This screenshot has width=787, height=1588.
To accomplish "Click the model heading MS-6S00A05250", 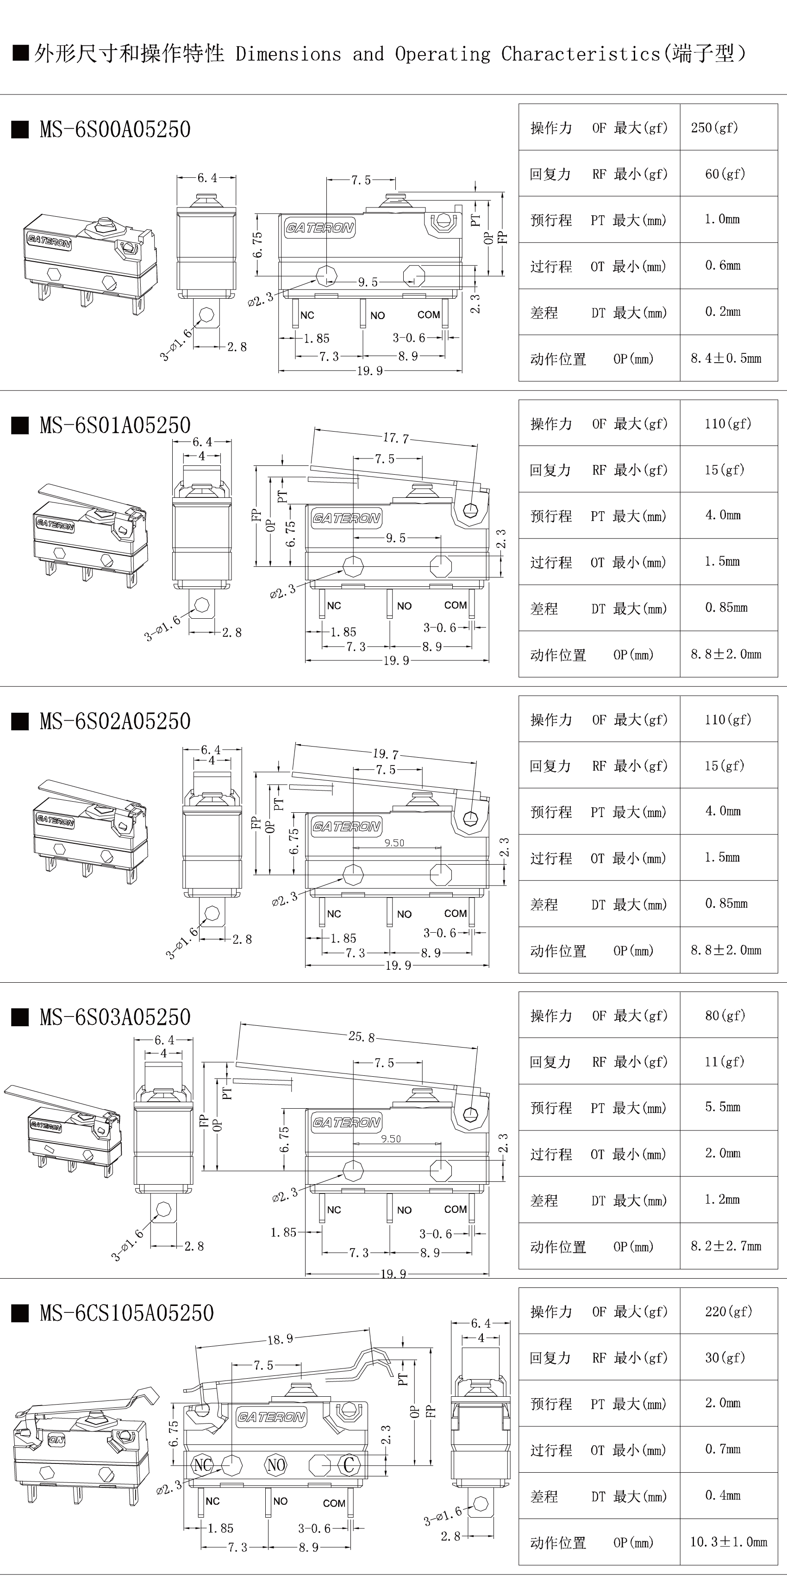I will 115,130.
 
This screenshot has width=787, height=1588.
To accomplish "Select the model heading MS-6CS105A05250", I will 126,1313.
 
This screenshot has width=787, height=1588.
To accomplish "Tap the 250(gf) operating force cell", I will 714,128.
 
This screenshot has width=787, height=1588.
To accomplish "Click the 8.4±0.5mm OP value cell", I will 725,358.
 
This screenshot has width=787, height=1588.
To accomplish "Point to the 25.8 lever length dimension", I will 361,1037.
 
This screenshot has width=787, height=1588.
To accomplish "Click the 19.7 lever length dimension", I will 385,754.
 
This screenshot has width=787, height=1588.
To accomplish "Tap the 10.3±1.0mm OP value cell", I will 728,1542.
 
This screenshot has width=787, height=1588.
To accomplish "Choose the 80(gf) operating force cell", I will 725,1015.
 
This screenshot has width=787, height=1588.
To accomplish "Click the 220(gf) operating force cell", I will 728,1311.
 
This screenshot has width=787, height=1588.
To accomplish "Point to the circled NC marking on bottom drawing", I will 203,1465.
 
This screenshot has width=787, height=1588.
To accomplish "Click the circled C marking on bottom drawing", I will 349,1465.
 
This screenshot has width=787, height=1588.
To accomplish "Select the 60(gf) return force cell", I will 725,174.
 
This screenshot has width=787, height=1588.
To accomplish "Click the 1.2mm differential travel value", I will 722,1199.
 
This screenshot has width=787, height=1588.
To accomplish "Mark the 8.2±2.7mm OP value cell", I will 725,1246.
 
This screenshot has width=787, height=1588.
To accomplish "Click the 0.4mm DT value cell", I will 722,1495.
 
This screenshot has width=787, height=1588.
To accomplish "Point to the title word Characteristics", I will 581,54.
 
